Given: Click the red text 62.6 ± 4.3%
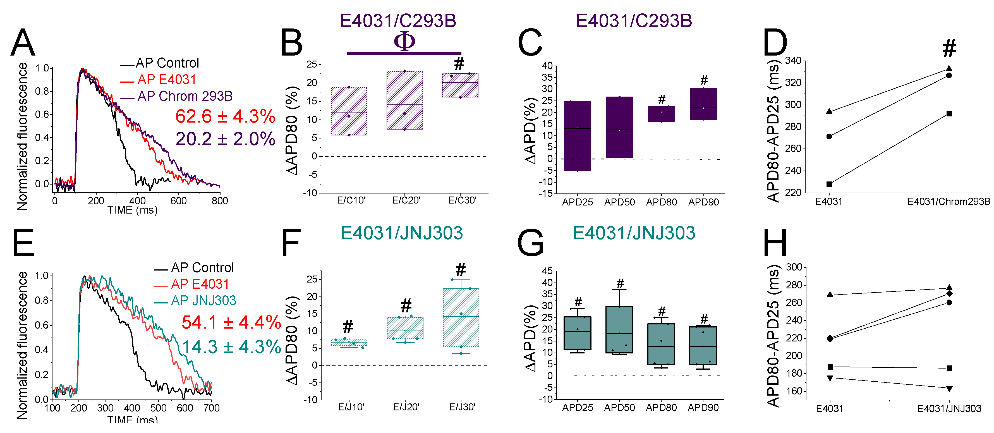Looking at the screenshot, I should coord(225,116).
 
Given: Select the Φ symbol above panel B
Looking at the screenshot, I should coord(404,41).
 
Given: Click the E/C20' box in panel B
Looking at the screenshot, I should coord(404,100).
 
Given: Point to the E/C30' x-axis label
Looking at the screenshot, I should coord(462,200).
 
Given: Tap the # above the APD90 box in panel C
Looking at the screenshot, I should coord(704,80).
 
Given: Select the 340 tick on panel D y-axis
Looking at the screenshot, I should coord(793,61).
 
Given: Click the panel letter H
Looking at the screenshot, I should coord(775,243).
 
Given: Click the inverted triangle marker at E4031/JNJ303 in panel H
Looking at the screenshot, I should coord(949,389).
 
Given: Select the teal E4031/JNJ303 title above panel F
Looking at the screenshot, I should coord(401,233).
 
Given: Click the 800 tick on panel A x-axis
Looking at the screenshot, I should coord(220,201).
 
